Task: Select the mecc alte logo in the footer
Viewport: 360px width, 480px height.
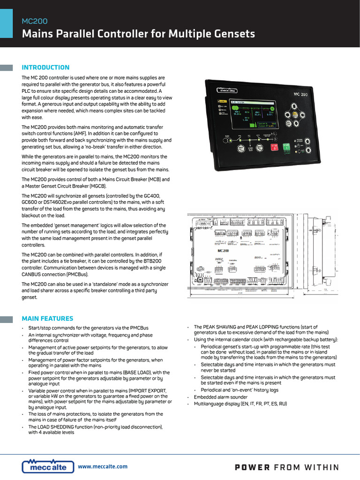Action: (x=48, y=466)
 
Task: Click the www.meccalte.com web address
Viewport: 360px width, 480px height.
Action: (x=103, y=466)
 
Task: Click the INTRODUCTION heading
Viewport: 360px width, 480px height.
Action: (x=45, y=67)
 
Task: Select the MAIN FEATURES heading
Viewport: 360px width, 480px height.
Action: (x=47, y=319)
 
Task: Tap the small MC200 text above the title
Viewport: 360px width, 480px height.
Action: (x=35, y=21)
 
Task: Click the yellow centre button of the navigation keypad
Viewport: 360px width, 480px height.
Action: (x=294, y=114)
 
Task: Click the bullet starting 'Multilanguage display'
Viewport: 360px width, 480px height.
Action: (x=240, y=404)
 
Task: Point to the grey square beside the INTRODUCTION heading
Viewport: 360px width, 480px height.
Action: (x=7, y=67)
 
